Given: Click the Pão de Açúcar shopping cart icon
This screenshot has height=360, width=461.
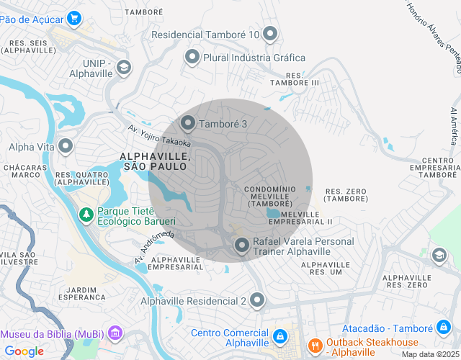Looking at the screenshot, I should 73,17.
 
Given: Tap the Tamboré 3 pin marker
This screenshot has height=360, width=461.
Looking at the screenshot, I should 187,124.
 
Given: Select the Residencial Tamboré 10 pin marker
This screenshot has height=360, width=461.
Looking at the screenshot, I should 270,33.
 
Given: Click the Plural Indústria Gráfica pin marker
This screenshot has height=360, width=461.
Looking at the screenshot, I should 192,57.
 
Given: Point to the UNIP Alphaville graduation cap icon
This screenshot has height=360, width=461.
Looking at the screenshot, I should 125,67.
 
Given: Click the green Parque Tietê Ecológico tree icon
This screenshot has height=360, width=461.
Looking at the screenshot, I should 86,215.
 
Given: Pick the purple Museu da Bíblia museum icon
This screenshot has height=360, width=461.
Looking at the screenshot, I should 117,334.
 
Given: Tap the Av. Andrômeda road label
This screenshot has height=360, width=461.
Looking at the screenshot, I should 154,247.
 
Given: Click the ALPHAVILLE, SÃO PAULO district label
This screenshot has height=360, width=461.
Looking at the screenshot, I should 154,161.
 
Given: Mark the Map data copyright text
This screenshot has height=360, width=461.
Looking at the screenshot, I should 429,354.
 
